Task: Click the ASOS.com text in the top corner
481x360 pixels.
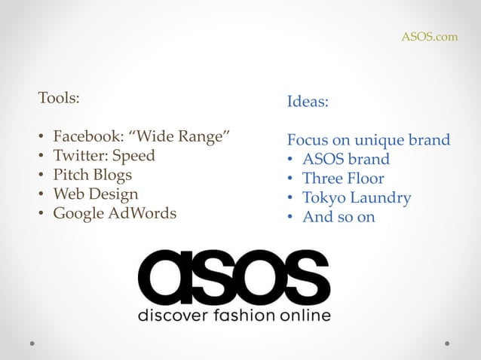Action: click(429, 36)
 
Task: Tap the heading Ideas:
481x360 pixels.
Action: click(308, 101)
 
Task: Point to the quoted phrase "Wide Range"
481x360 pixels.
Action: click(179, 136)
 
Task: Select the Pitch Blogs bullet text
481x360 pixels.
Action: click(92, 175)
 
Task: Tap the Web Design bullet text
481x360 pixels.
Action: click(95, 194)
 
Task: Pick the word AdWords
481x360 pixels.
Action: click(142, 213)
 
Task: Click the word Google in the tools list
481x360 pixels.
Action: click(78, 213)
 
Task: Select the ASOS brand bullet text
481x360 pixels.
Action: click(346, 159)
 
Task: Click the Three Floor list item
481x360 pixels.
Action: click(343, 178)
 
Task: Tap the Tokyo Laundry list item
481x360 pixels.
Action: click(357, 198)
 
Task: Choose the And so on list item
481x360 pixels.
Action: click(339, 217)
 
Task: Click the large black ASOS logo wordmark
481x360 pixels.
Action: click(234, 276)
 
